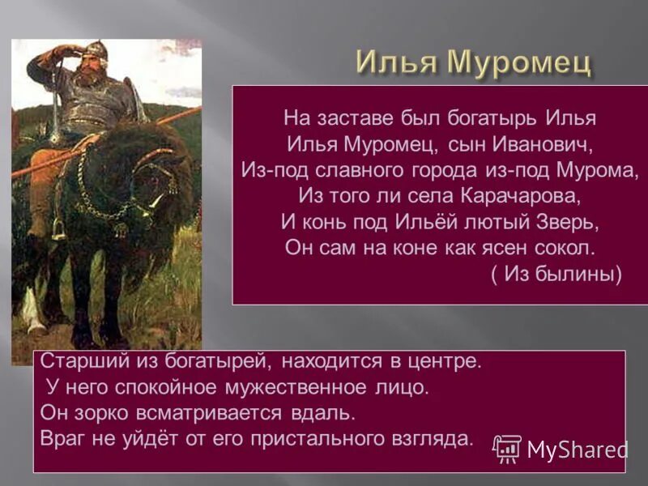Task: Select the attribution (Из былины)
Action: (556, 274)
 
